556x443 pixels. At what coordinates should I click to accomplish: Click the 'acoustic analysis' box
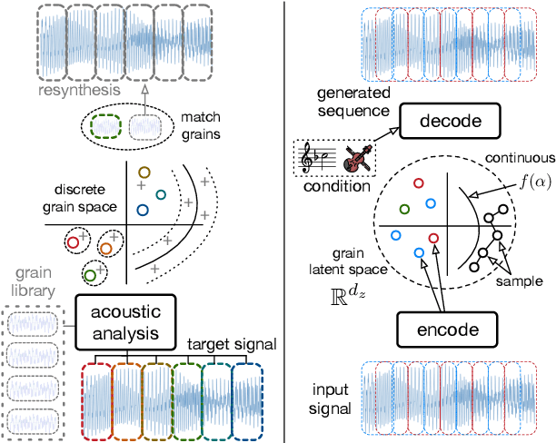tap(124, 322)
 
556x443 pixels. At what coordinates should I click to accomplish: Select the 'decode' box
tap(437, 122)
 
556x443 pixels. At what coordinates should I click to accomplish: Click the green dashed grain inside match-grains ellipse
tap(110, 124)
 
